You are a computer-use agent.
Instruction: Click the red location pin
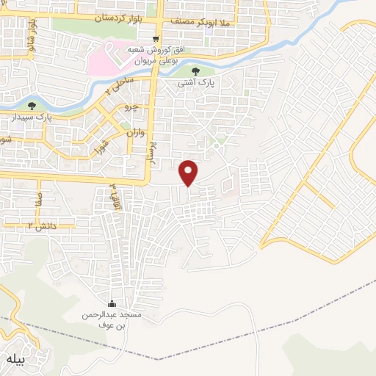coord(189,173)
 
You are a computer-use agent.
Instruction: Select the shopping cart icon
coord(155,39)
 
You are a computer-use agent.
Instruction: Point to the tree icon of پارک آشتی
coord(195,71)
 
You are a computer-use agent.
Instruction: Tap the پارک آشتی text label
coord(195,83)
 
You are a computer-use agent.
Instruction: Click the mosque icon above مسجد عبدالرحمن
coord(112,304)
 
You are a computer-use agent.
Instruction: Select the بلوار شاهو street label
coord(32,33)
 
